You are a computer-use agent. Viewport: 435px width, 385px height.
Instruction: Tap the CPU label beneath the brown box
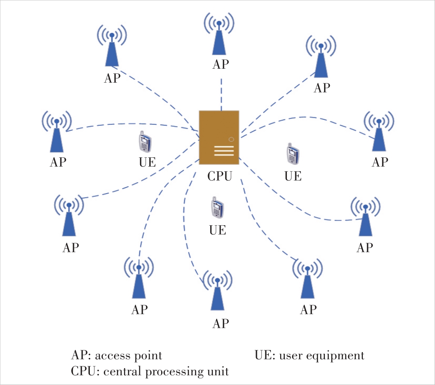click(219, 176)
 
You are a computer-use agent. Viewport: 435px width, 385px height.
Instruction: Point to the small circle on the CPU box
click(231, 139)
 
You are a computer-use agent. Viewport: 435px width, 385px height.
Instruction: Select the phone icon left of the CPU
click(144, 142)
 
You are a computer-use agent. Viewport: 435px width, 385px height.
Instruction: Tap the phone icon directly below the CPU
click(217, 208)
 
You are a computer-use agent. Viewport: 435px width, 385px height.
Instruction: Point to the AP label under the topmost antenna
click(220, 64)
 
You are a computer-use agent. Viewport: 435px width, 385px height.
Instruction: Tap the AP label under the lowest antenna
click(220, 323)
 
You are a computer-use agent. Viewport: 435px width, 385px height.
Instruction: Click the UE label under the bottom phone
click(218, 230)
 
